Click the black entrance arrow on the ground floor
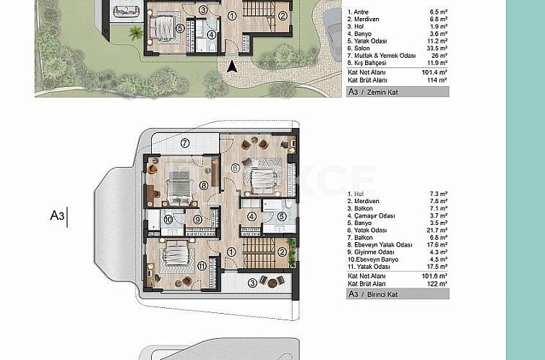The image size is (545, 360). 231,67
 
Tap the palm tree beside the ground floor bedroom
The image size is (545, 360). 134,31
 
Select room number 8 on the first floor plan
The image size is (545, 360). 204,186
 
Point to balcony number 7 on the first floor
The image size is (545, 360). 185,142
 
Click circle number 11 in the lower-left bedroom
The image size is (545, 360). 202,265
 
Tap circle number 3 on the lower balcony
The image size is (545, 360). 252,283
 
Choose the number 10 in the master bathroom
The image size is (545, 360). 168,219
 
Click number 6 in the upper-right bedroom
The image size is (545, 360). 234,168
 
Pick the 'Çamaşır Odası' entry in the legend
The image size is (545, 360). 372,215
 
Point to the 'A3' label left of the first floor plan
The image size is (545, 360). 57,215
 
